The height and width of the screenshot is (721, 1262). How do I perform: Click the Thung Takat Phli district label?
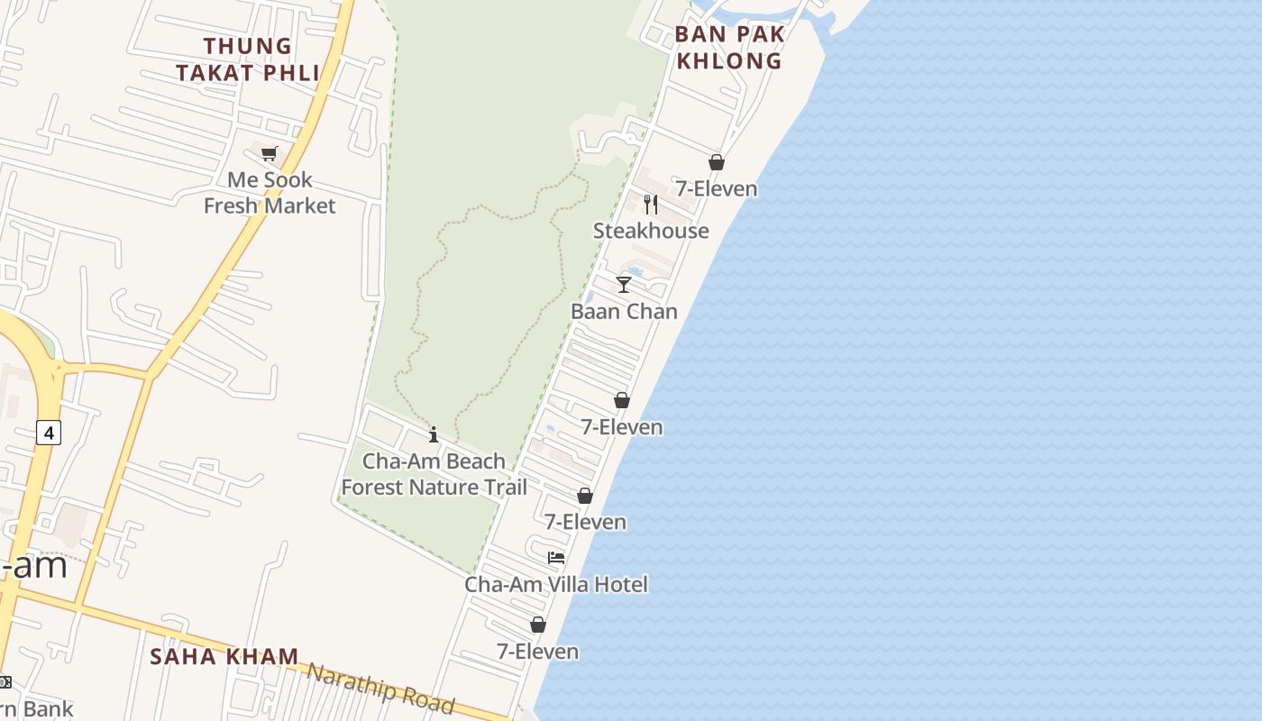248,59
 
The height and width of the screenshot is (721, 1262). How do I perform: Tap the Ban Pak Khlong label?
729,48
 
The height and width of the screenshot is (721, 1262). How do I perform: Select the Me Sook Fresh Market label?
269,193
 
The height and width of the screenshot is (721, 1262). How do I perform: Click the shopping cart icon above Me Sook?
269,153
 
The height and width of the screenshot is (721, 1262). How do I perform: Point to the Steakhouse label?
651,231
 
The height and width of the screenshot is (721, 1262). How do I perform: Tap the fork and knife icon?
651,205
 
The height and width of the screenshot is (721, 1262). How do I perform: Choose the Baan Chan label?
624,311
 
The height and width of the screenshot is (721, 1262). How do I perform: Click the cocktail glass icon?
624,285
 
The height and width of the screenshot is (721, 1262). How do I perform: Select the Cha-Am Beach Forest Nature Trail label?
434,474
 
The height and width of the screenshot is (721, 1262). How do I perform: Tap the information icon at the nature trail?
434,434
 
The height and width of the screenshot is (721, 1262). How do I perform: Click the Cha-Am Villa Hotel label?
556,584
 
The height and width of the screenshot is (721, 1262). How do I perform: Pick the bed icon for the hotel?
556,558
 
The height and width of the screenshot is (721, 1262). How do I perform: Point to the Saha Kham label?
224,656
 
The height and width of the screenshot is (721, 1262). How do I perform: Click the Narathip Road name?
380,688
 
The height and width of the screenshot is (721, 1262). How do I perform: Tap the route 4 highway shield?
49,433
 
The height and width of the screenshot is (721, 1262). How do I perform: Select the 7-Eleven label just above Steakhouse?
717,188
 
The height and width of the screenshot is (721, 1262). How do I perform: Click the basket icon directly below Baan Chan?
621,400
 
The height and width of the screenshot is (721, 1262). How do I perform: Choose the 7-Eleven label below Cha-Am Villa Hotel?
538,651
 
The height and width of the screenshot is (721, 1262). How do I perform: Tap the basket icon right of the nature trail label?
585,496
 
